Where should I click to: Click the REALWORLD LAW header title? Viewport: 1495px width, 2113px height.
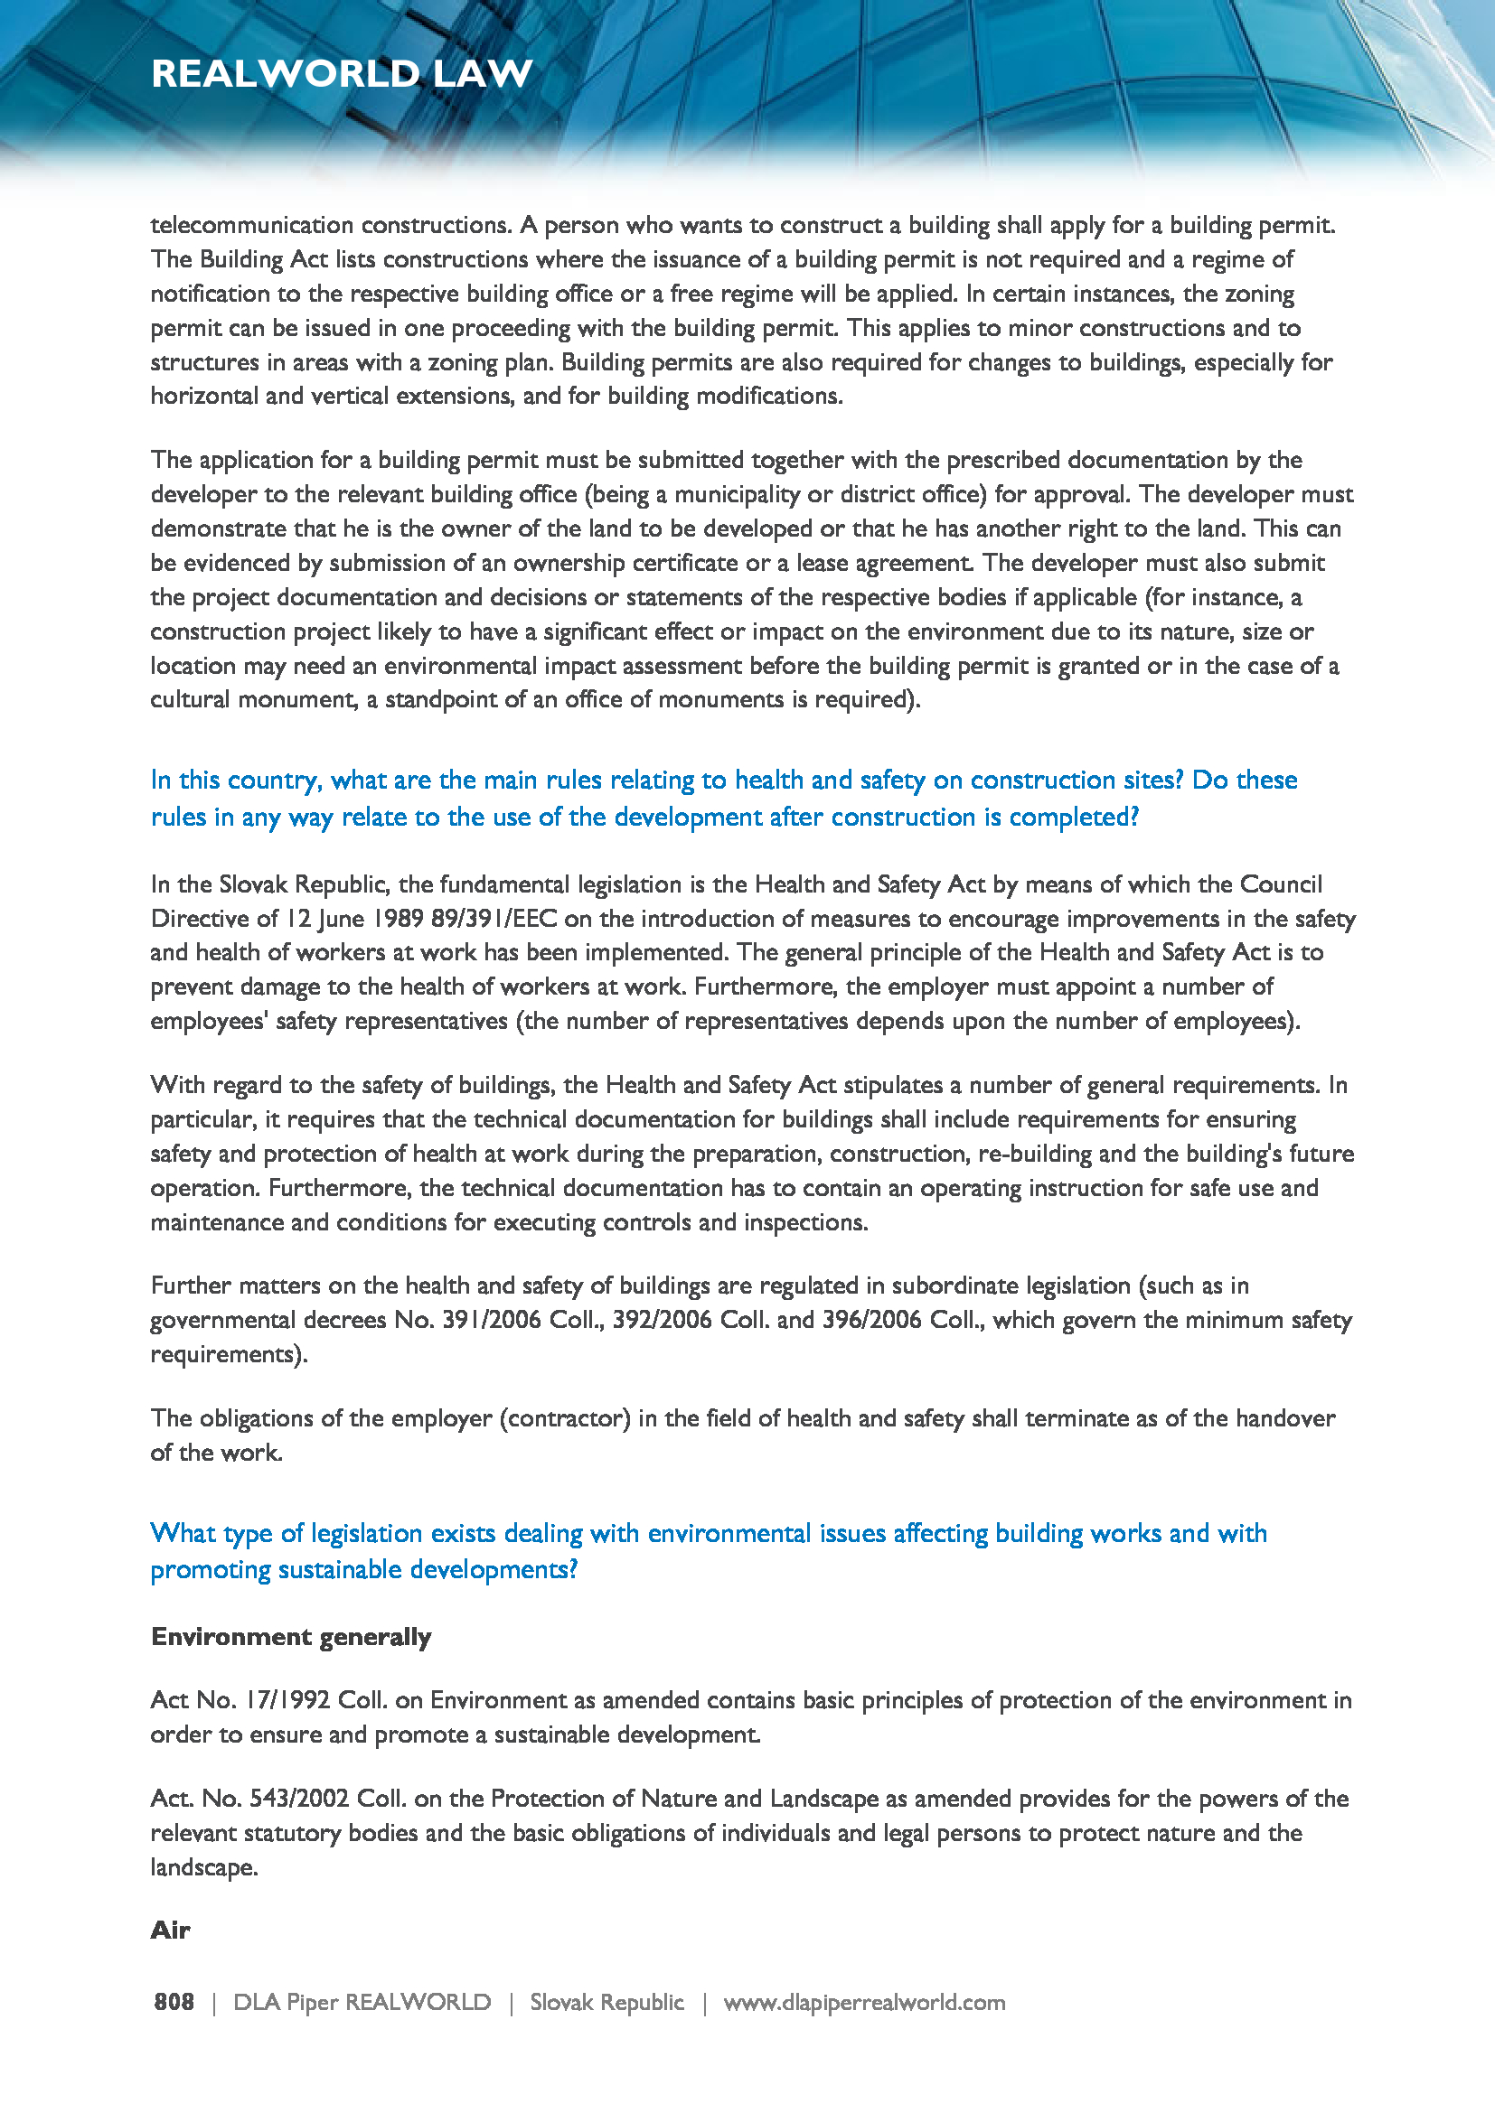tap(342, 73)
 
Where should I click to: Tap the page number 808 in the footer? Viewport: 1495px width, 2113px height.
tap(174, 2002)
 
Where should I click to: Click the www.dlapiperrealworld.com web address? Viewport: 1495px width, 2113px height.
tap(863, 2002)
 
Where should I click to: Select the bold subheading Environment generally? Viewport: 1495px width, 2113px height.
tap(291, 1636)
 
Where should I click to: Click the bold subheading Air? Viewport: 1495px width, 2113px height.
tap(170, 1929)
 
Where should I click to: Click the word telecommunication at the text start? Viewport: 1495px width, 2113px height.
tap(251, 226)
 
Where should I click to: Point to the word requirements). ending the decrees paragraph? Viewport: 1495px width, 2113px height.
tap(230, 1354)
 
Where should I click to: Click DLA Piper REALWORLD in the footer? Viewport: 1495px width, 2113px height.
tap(362, 2002)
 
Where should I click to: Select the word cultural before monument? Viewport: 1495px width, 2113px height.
tap(191, 699)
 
